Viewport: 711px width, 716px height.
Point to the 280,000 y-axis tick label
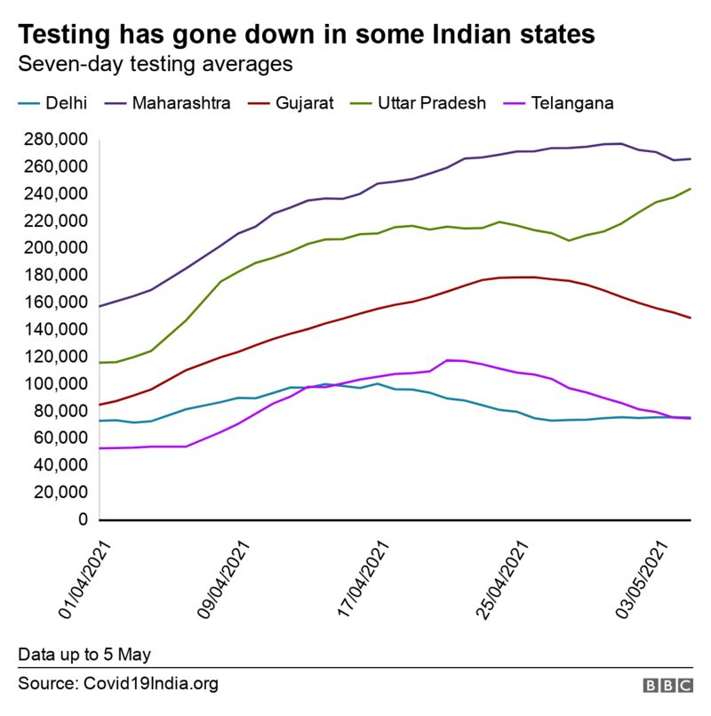click(x=54, y=140)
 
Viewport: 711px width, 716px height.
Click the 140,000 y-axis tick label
click(x=54, y=330)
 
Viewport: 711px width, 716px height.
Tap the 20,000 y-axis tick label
click(x=59, y=493)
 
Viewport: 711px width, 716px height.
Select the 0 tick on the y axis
click(x=83, y=519)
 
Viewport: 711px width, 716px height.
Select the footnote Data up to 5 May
click(x=84, y=655)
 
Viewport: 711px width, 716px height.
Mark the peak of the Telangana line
click(x=449, y=360)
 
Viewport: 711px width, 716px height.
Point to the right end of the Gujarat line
click(x=691, y=318)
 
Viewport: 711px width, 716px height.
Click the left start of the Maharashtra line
click(x=100, y=306)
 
